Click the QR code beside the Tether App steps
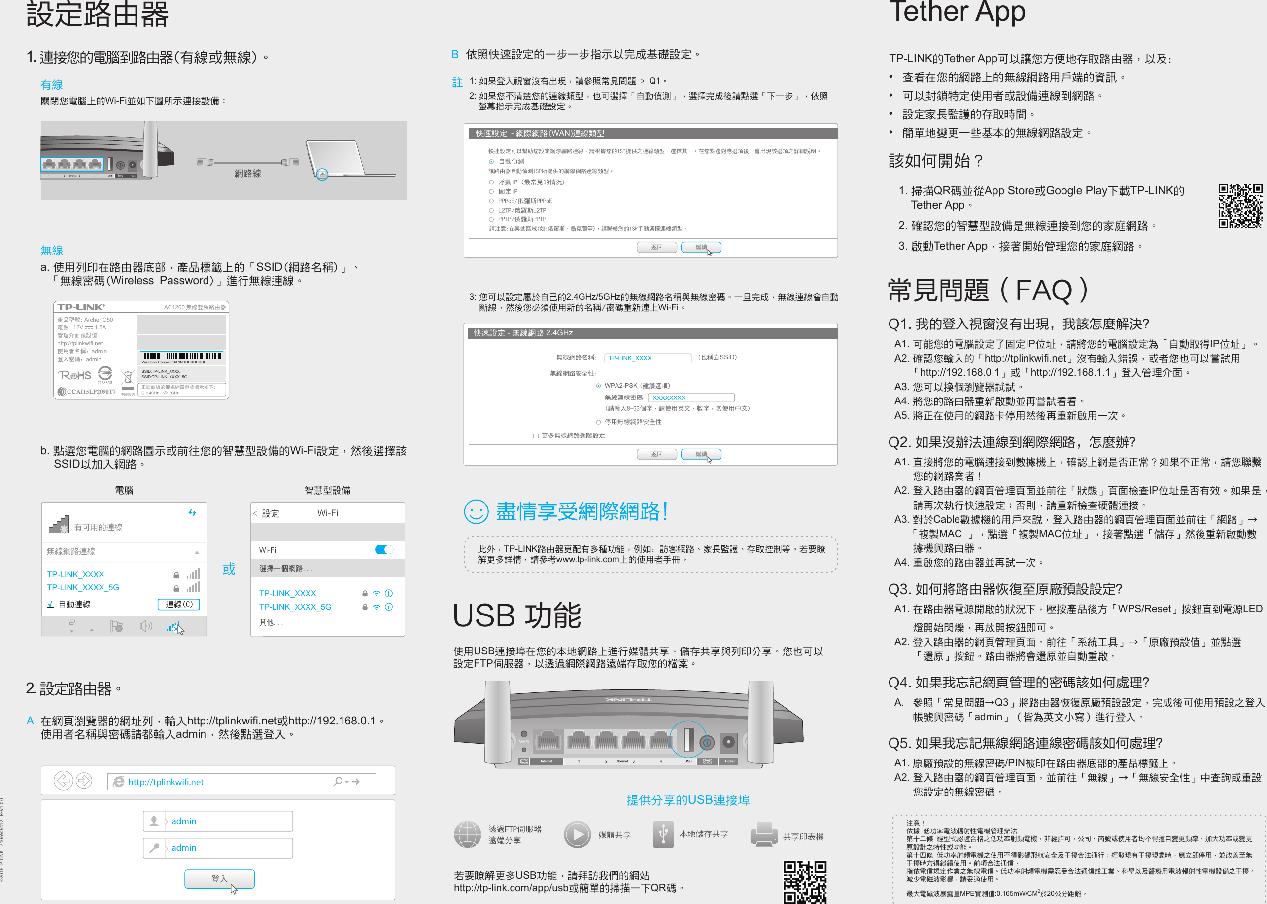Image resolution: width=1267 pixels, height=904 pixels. pos(1240,206)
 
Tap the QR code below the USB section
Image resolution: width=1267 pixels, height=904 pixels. pos(804,882)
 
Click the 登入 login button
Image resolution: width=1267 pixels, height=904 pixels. pos(219,878)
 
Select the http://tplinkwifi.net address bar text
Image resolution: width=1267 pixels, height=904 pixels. pos(166,782)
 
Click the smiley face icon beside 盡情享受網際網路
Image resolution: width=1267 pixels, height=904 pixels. pos(476,511)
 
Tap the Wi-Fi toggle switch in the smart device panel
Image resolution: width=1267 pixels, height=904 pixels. pos(384,550)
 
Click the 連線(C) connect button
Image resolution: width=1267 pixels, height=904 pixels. pos(178,604)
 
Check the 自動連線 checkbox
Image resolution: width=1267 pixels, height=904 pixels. pos(51,605)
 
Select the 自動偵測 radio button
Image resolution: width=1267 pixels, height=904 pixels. pos(491,161)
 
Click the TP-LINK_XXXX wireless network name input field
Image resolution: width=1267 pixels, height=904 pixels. pos(648,358)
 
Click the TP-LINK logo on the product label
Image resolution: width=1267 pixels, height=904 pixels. pos(81,307)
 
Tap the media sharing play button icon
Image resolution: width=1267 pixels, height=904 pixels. pos(578,834)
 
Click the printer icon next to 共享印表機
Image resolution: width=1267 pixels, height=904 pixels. pos(764,834)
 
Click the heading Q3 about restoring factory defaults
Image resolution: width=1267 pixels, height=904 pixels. pos(1004,589)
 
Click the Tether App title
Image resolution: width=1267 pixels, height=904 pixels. pos(957,12)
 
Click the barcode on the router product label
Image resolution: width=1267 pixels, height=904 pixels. pos(181,356)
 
